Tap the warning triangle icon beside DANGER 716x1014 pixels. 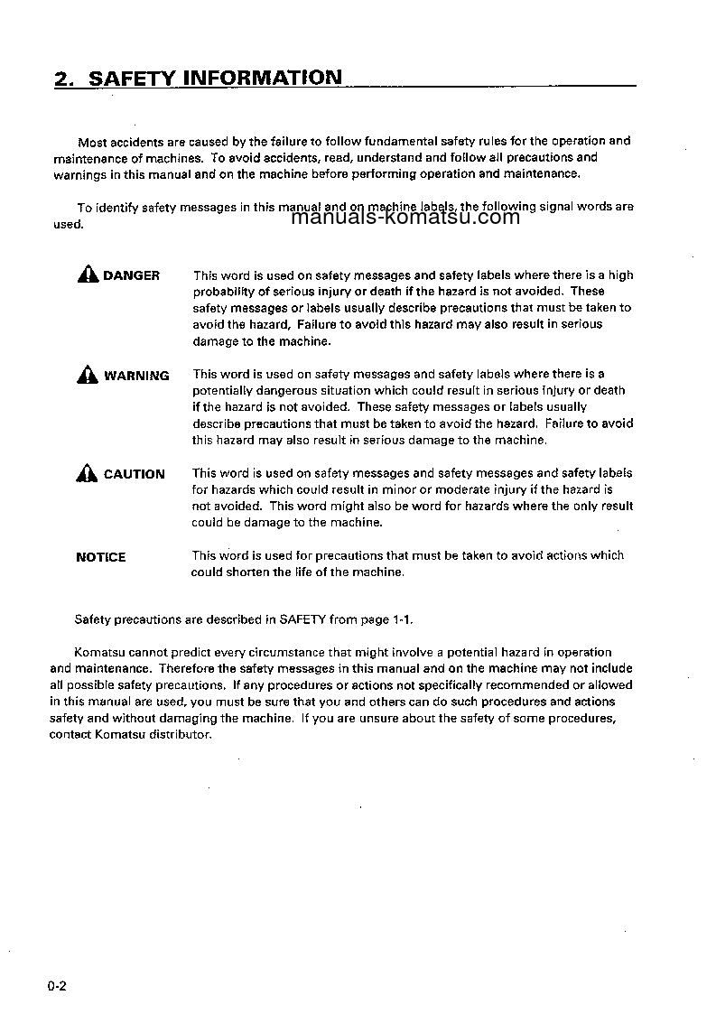tap(88, 275)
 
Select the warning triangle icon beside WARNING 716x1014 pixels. tap(88, 375)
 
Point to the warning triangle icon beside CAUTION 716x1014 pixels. tap(88, 473)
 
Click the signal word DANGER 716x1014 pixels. tap(131, 275)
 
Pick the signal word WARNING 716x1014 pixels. tap(136, 376)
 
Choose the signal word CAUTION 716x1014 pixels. tap(135, 474)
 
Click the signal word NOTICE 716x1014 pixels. tap(101, 557)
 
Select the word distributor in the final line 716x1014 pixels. tap(182, 734)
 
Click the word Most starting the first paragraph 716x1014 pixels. tap(92, 142)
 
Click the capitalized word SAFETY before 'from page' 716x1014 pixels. tap(301, 619)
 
